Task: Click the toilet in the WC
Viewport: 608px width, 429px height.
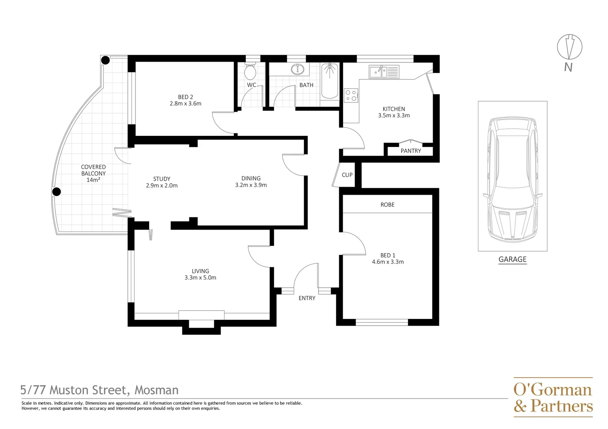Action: [x=250, y=71]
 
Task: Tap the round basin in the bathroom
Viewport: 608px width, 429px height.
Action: [x=297, y=70]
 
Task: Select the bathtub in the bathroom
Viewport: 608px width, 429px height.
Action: [x=329, y=81]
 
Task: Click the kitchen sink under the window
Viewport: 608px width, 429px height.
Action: [x=384, y=72]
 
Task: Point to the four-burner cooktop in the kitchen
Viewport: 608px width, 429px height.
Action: [x=351, y=95]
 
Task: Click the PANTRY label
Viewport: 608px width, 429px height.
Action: [x=411, y=151]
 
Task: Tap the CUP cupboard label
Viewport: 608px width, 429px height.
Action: [x=347, y=175]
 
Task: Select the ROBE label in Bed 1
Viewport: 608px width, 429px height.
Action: [x=387, y=205]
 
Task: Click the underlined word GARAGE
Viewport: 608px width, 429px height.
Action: [x=512, y=259]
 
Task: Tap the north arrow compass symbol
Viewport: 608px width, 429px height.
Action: [x=569, y=47]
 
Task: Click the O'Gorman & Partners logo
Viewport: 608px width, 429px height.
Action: [x=553, y=397]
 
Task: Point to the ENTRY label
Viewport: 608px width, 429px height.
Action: [x=307, y=298]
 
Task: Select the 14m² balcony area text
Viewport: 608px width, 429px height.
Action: [x=93, y=180]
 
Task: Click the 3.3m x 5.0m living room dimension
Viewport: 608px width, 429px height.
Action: [x=200, y=278]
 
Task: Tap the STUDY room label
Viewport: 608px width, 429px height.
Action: [x=161, y=179]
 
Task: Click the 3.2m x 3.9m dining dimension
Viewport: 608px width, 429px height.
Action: [x=251, y=185]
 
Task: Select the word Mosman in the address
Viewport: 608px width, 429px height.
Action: [x=156, y=390]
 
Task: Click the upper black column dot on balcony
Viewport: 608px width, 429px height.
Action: [x=105, y=60]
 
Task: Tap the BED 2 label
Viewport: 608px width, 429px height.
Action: [x=185, y=97]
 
